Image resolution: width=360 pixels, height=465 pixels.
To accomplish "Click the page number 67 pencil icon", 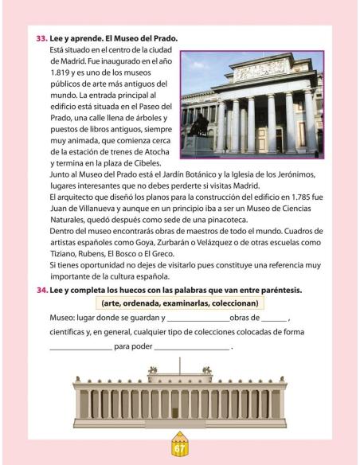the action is point(180,446).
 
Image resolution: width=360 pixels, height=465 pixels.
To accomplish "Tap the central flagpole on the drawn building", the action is point(180,369).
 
